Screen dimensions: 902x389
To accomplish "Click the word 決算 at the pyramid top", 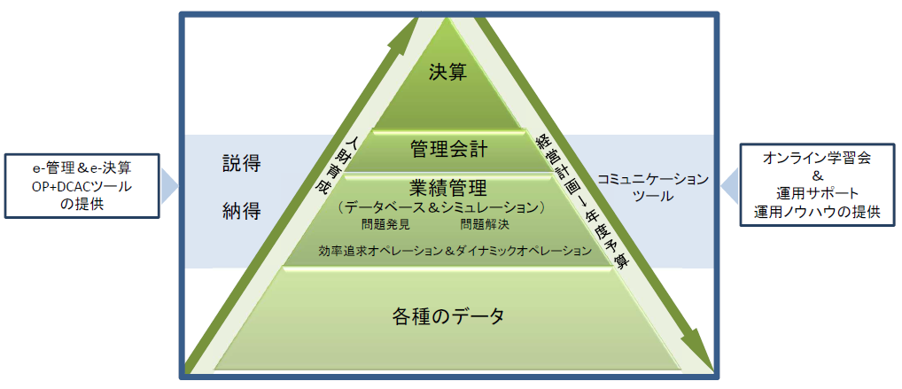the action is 447,73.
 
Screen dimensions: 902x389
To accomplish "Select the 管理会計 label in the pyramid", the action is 449,151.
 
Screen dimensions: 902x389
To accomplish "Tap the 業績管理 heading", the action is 449,188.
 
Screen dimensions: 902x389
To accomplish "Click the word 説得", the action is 242,164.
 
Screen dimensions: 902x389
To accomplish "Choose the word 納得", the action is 242,213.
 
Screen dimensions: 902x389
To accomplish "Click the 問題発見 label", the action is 385,225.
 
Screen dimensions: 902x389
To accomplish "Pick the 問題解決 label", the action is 485,225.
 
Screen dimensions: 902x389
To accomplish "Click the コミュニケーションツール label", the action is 652,188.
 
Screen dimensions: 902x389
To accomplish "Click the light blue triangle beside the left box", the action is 169,186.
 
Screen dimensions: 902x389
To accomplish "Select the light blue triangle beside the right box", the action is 729,186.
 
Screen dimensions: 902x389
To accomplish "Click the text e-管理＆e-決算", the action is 82,168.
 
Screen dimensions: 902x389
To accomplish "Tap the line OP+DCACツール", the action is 82,186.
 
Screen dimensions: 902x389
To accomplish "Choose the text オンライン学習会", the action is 816,159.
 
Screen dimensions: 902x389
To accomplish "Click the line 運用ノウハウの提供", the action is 817,212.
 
